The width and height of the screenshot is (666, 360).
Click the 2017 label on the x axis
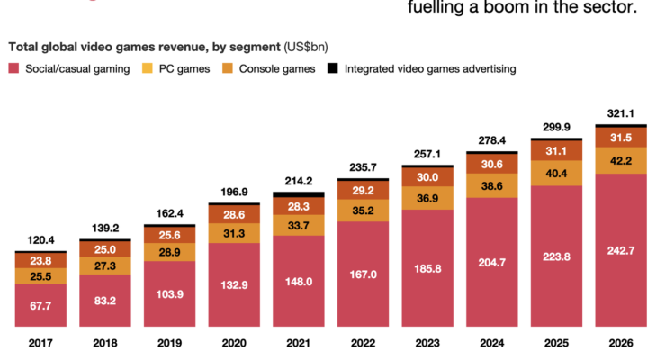(x=40, y=343)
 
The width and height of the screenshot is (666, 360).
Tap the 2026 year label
(x=621, y=343)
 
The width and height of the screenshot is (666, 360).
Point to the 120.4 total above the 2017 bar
(x=40, y=240)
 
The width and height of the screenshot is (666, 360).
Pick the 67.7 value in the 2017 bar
(x=40, y=306)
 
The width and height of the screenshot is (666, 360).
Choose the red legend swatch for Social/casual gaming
(x=13, y=68)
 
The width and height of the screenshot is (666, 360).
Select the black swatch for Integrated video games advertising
(x=333, y=68)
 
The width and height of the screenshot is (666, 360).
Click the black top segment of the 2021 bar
(x=299, y=193)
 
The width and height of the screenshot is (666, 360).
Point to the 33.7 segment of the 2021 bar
(x=299, y=226)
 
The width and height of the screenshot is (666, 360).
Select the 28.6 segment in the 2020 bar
(x=235, y=214)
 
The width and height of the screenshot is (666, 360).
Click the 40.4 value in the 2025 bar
(x=556, y=173)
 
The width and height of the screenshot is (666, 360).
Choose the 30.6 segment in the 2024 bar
(x=492, y=165)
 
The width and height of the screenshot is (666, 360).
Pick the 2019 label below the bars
(x=170, y=343)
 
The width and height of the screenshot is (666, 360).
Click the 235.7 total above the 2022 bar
(x=364, y=167)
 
